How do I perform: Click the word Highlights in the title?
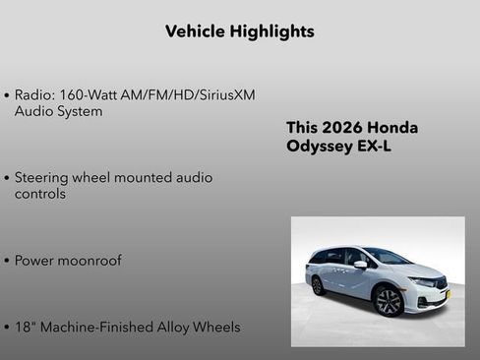(271, 31)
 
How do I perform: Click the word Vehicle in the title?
(196, 31)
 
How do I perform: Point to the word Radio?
(35, 95)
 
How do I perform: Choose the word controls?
(40, 194)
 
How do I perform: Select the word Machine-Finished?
(96, 327)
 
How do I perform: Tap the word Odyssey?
(319, 147)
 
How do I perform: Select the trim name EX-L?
(373, 147)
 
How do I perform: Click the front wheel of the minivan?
(389, 301)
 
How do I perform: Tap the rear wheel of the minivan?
(318, 285)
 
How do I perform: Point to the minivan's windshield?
(388, 257)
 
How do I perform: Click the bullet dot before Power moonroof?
(7, 262)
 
